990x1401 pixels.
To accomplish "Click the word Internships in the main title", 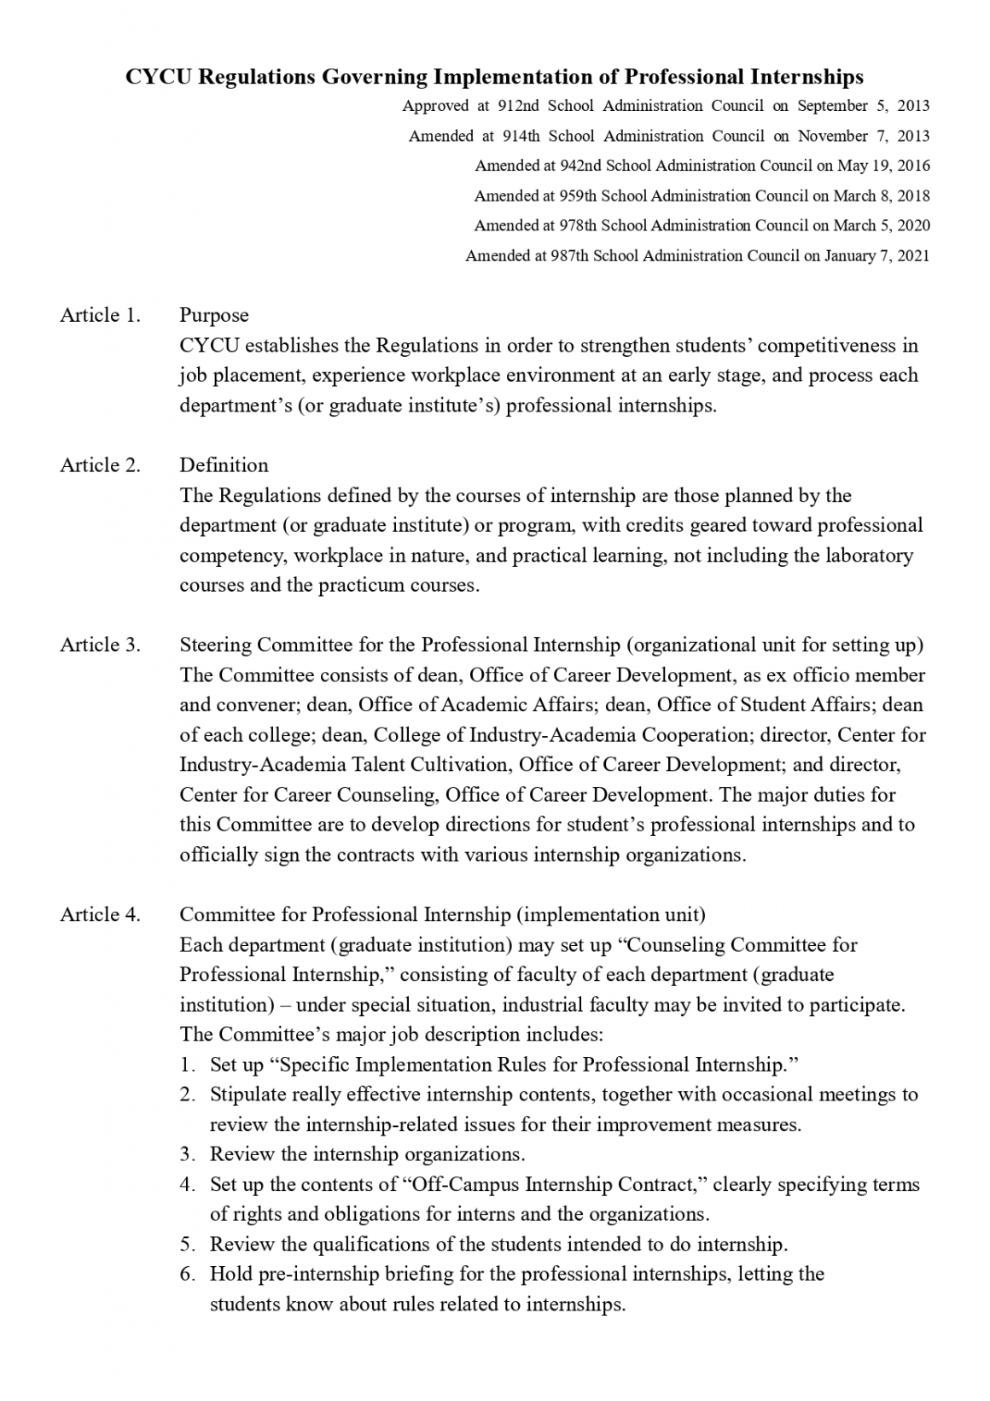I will click(807, 78).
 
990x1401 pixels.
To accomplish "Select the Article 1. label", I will click(100, 315).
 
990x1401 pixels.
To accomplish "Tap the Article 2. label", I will click(100, 465).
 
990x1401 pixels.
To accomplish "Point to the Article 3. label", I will click(100, 645).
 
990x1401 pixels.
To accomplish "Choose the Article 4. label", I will click(100, 914).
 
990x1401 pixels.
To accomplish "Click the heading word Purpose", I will click(214, 315).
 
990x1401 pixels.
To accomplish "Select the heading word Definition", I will click(224, 465).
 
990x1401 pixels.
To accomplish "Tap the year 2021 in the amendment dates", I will click(912, 255).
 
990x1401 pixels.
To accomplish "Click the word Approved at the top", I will click(435, 106).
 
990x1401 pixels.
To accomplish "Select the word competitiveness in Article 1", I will click(829, 346).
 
